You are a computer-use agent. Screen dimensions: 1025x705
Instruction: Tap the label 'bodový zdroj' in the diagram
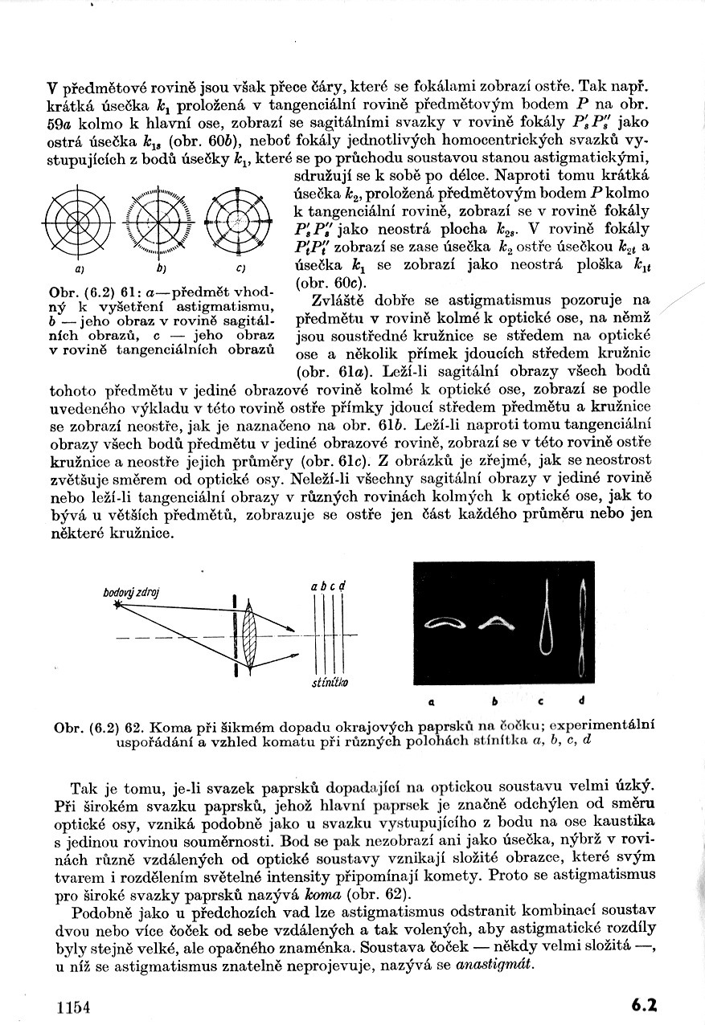click(132, 592)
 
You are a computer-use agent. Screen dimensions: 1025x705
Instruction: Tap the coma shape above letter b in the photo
click(500, 619)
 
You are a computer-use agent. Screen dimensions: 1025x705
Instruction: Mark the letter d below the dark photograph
click(581, 700)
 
